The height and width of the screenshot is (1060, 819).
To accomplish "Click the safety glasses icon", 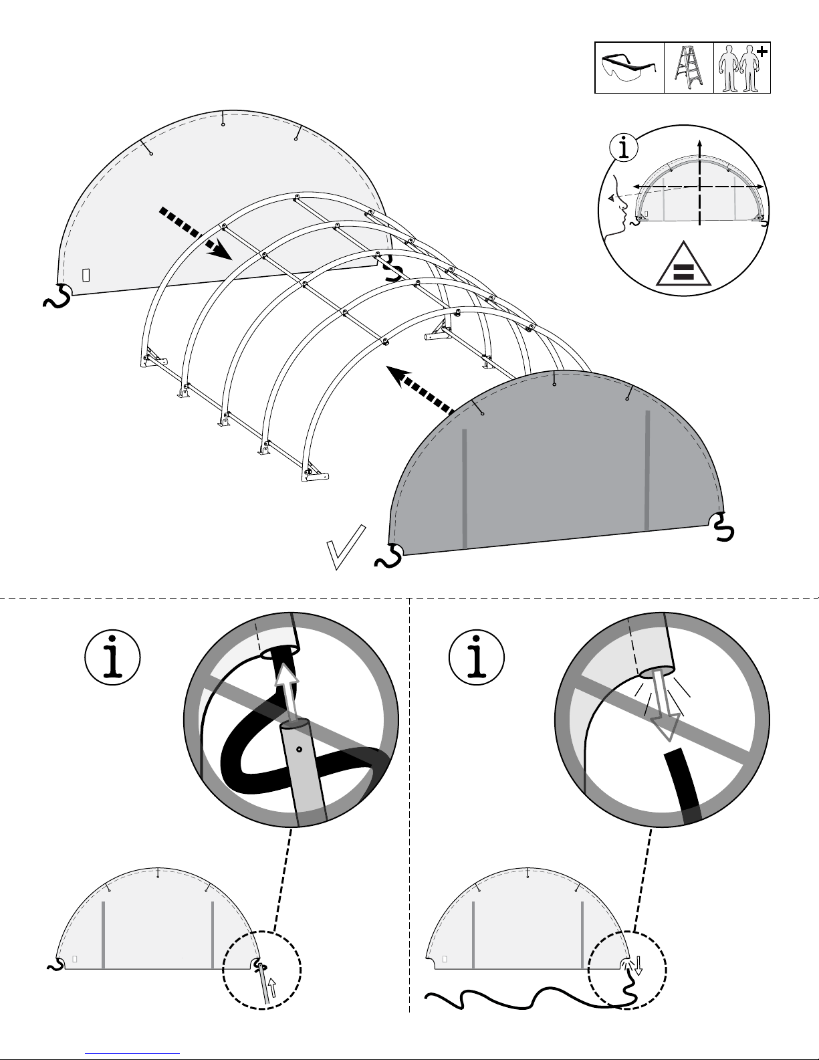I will (x=629, y=68).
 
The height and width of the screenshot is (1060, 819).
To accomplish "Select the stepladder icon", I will (x=689, y=68).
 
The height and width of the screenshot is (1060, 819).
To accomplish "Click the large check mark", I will (x=346, y=548).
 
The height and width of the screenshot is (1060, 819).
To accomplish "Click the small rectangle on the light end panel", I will (x=86, y=275).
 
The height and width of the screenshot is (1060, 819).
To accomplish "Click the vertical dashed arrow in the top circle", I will (x=699, y=181).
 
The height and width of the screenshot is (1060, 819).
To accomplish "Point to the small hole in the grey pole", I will (x=300, y=749).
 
